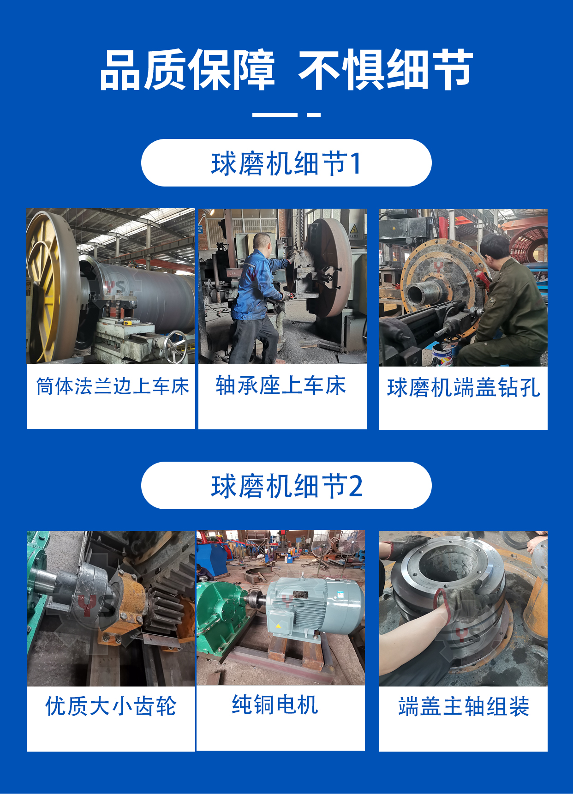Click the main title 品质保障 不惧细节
286,70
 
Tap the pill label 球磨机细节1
286,163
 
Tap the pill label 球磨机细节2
286,486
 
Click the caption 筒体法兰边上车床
113,386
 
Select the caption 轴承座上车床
281,385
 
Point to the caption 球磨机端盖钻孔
463,388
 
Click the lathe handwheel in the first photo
176,346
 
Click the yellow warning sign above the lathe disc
353,229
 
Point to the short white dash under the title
314,115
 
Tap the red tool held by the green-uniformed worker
482,277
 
